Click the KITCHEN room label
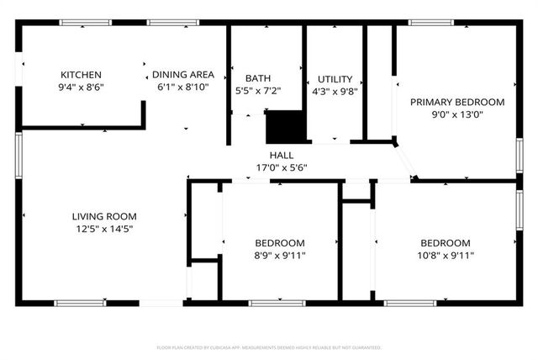click(81, 74)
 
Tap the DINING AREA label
click(182, 74)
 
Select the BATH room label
click(258, 78)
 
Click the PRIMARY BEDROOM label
click(457, 102)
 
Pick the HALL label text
click(282, 155)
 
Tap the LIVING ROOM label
click(104, 216)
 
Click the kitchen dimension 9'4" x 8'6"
click(81, 87)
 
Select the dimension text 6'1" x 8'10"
click(182, 87)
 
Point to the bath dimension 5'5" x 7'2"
click(258, 91)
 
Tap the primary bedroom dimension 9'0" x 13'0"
click(457, 114)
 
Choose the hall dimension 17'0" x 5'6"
click(282, 167)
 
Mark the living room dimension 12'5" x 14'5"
click(104, 229)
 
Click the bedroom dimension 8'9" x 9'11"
click(281, 255)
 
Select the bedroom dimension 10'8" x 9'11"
click(446, 255)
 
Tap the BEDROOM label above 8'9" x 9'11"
click(281, 242)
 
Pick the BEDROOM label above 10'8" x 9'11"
click(446, 242)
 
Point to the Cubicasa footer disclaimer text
click(269, 347)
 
